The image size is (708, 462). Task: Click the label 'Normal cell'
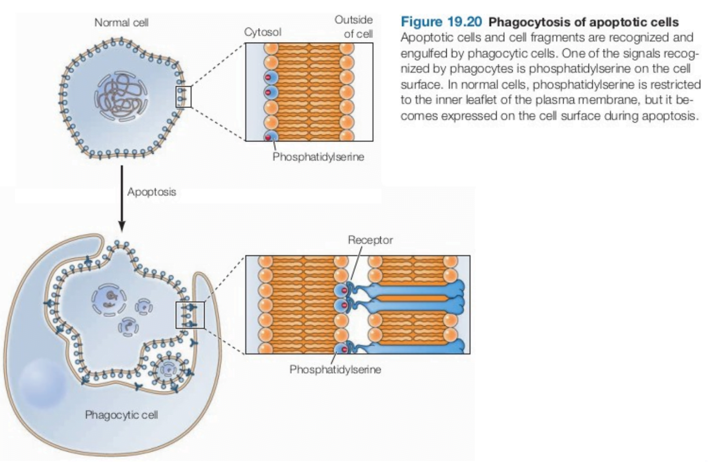click(121, 23)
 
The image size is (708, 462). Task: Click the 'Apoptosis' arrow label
click(151, 192)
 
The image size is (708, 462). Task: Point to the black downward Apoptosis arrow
click(122, 198)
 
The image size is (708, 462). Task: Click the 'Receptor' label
click(370, 240)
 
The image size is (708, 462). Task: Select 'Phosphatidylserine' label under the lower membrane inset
click(335, 369)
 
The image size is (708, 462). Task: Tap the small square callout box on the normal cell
click(184, 97)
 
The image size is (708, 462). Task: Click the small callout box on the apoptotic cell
click(190, 315)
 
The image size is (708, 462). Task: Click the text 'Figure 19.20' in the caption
click(442, 23)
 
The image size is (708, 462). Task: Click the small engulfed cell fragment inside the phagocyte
click(169, 369)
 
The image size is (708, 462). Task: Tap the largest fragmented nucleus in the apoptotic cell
click(110, 298)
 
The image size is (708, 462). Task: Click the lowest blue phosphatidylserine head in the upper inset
click(270, 137)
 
